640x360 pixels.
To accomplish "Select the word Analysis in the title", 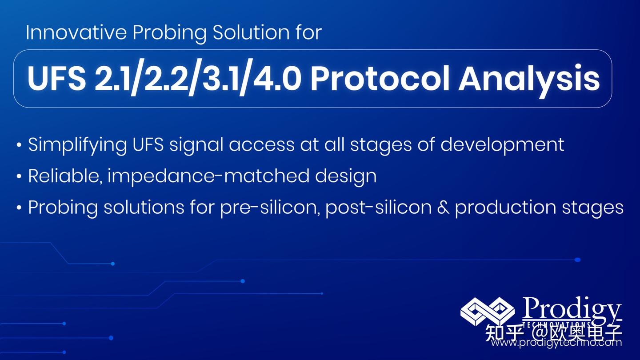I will tap(529, 79).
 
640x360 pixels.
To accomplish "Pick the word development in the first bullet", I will tap(502, 145).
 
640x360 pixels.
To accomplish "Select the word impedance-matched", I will tap(208, 176).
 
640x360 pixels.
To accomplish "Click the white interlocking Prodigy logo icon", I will tap(487, 311).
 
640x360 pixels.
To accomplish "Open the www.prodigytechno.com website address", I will tap(556, 343).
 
